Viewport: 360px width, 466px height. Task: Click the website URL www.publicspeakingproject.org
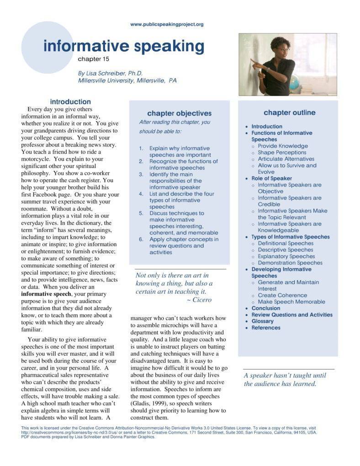pyautogui.click(x=167, y=24)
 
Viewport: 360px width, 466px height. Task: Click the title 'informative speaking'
pyautogui.click(x=124, y=47)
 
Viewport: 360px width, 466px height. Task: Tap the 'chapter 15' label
pyautogui.click(x=94, y=59)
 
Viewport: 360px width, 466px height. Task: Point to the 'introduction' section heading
pyautogui.click(x=70, y=102)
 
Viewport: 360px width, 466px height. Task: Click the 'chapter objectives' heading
pyautogui.click(x=179, y=113)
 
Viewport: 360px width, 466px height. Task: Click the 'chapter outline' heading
pyautogui.click(x=289, y=113)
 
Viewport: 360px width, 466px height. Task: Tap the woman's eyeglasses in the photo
pyautogui.click(x=284, y=50)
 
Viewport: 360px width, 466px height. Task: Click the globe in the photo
pyautogui.click(x=295, y=83)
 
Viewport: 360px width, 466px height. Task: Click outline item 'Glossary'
pyautogui.click(x=263, y=321)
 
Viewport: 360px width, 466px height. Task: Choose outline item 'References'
pyautogui.click(x=266, y=328)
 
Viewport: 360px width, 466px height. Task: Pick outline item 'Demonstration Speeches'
pyautogui.click(x=290, y=263)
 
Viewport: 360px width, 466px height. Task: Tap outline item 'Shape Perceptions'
pyautogui.click(x=282, y=153)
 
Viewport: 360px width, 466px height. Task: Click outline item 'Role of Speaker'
pyautogui.click(x=272, y=179)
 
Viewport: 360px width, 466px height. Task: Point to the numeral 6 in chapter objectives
pyautogui.click(x=141, y=239)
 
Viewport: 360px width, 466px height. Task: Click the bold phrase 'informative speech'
pyautogui.click(x=47, y=294)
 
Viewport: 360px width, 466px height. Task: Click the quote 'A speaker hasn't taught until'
pyautogui.click(x=285, y=376)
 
